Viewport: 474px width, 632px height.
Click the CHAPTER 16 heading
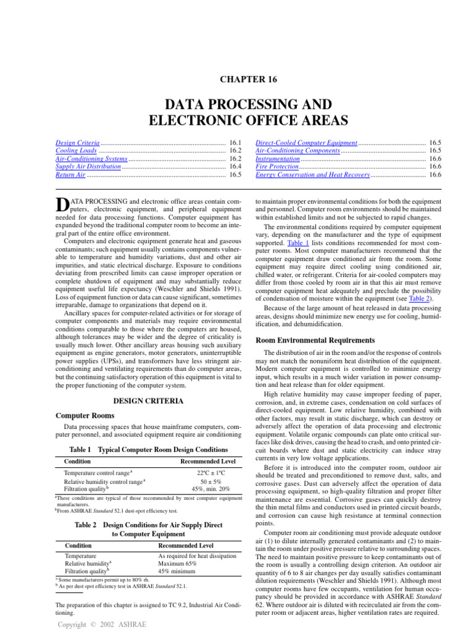(x=237, y=79)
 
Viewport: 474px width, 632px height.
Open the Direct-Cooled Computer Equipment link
(x=306, y=143)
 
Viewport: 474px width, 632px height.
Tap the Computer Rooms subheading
(x=85, y=417)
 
